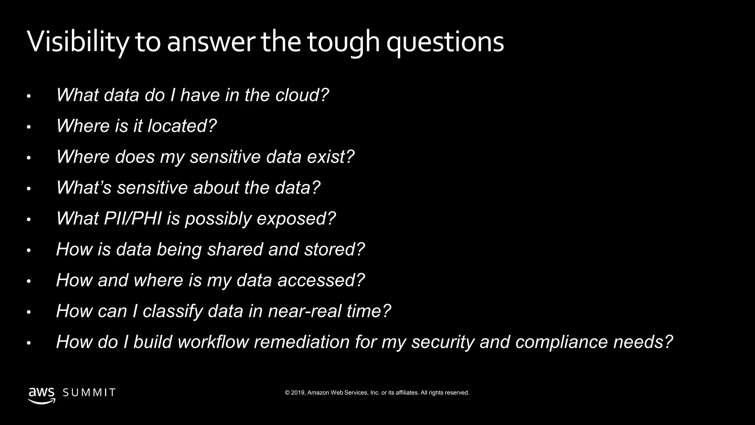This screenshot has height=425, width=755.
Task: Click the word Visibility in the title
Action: coord(78,42)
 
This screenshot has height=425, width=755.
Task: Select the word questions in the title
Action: coord(445,42)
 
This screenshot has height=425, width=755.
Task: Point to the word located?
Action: coord(182,126)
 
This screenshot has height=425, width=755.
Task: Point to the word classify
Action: coord(173,311)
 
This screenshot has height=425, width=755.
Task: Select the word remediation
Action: coord(302,342)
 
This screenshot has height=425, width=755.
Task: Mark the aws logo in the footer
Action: coord(42,395)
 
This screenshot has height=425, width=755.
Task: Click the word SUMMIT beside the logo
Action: coord(89,393)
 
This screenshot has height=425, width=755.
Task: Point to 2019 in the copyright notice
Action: coord(298,393)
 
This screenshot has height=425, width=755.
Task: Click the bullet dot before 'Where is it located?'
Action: coord(29,128)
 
